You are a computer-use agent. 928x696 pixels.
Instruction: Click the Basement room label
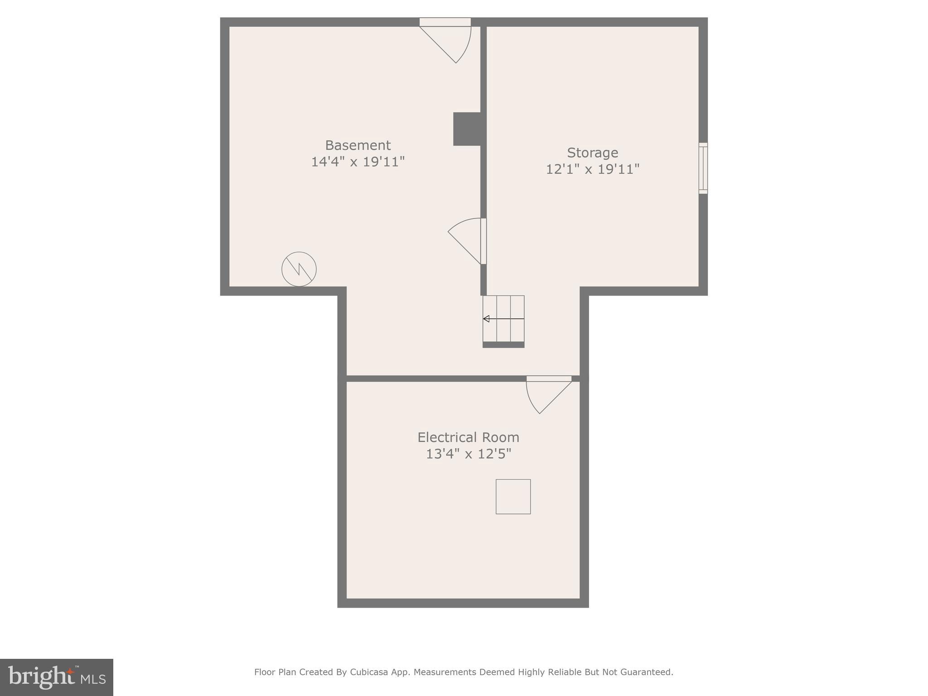tap(358, 145)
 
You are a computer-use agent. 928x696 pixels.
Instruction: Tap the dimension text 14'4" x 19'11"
tap(358, 162)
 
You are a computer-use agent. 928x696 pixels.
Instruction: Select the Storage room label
tap(592, 153)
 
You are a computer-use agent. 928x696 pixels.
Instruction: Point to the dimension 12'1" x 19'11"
tap(592, 169)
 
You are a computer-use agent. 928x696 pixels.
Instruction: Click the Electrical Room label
tap(468, 437)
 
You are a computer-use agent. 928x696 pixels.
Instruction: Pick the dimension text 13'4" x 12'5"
tap(468, 454)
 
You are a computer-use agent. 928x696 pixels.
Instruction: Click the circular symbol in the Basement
tap(299, 269)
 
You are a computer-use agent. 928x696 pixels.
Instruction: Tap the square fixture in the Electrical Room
tap(513, 497)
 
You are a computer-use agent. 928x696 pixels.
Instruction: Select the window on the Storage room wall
tap(703, 168)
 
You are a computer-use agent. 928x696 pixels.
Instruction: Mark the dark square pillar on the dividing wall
tap(467, 129)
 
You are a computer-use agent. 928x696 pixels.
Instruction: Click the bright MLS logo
tap(57, 677)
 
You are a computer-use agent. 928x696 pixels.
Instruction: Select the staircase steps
tap(503, 319)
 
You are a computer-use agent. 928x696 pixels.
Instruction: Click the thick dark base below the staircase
tap(503, 345)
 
